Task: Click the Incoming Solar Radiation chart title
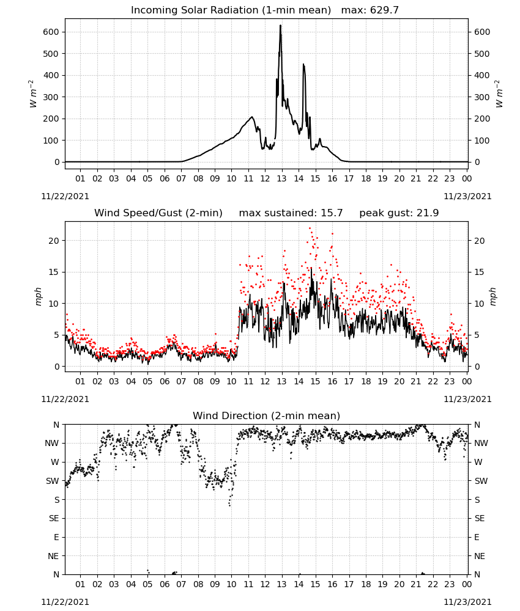click(x=231, y=10)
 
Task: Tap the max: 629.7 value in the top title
click(x=370, y=10)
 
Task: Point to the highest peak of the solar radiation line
click(x=280, y=26)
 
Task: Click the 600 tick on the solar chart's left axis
click(x=51, y=32)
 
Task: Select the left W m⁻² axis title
click(x=33, y=94)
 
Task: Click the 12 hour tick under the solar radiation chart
click(x=265, y=178)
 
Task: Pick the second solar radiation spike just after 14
click(x=303, y=65)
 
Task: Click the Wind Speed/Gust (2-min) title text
click(x=158, y=213)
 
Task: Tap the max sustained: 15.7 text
click(x=291, y=213)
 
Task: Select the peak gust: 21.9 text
click(x=399, y=213)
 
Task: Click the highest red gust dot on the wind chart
click(x=310, y=229)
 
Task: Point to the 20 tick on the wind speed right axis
click(x=480, y=241)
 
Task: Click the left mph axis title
click(x=38, y=296)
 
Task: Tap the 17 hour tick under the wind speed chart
click(x=349, y=381)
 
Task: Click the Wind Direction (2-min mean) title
click(x=267, y=415)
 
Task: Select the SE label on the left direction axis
click(x=54, y=518)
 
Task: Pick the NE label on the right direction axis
click(x=480, y=556)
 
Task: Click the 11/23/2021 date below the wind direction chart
click(x=467, y=602)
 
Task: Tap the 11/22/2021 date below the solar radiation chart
click(x=65, y=196)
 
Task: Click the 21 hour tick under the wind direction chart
click(x=416, y=584)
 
